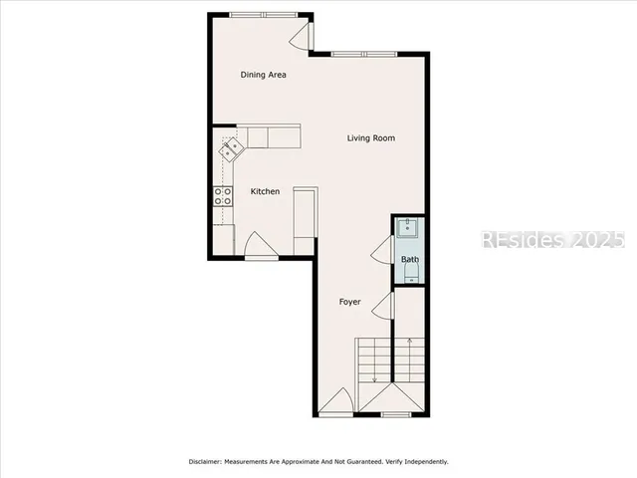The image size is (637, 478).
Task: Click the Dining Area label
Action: pyautogui.click(x=264, y=75)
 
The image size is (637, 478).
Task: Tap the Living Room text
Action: pyautogui.click(x=371, y=138)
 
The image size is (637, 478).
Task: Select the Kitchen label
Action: pyautogui.click(x=265, y=191)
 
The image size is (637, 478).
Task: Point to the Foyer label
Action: pyautogui.click(x=349, y=302)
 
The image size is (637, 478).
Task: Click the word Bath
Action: pyautogui.click(x=410, y=260)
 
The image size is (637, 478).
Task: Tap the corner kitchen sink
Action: pyautogui.click(x=232, y=149)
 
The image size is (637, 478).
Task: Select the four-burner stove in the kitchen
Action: pyautogui.click(x=222, y=195)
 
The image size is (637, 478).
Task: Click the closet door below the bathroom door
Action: pyautogui.click(x=382, y=307)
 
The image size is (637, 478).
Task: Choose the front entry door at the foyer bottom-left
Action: pyautogui.click(x=336, y=402)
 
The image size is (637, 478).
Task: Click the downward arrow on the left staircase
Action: pyautogui.click(x=374, y=373)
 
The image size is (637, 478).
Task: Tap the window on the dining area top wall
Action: pyautogui.click(x=262, y=15)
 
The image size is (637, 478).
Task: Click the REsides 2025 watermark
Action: pyautogui.click(x=552, y=240)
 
